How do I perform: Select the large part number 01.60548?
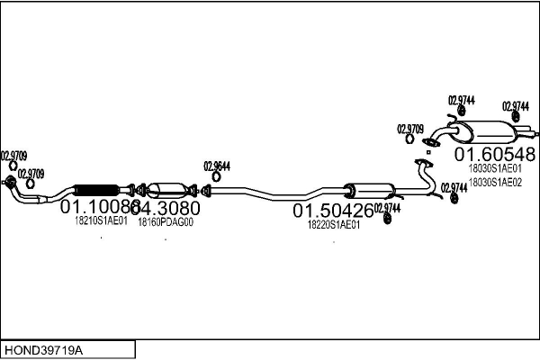[x=493, y=153]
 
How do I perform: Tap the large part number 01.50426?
[x=332, y=211]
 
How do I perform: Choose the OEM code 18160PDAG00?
[x=166, y=220]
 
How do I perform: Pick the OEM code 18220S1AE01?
[x=334, y=225]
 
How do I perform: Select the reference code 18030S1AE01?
[x=495, y=168]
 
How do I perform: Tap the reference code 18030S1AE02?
[x=495, y=182]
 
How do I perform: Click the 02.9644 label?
[x=217, y=166]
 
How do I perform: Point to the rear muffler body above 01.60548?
[x=485, y=131]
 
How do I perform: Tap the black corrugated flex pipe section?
[x=95, y=190]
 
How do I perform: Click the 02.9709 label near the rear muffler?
[x=410, y=129]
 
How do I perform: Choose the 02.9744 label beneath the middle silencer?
[x=387, y=208]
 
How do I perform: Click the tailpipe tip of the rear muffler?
[x=531, y=136]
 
